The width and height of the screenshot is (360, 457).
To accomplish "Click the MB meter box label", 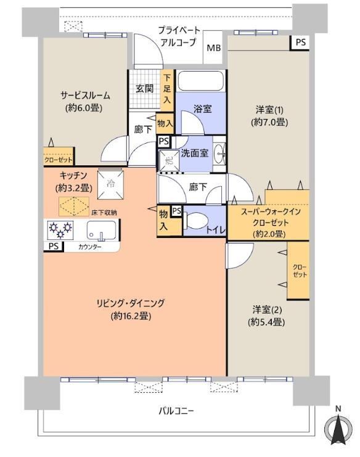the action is click(214, 48).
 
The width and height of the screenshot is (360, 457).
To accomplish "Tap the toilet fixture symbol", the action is click(196, 221).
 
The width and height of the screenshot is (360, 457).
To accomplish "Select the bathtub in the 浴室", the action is click(201, 81).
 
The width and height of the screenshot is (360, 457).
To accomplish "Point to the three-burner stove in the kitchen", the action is click(60, 229).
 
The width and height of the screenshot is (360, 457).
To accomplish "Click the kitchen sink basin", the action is click(101, 230).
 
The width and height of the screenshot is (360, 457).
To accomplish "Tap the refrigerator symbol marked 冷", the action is click(110, 184).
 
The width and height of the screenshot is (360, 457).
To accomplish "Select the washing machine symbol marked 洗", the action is click(169, 160).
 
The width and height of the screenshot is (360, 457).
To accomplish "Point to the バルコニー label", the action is click(176, 411).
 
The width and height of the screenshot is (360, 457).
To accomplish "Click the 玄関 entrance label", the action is click(144, 88).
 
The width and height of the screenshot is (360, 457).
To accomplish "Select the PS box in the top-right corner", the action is click(300, 43).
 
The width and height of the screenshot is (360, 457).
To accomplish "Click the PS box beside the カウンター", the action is click(54, 247).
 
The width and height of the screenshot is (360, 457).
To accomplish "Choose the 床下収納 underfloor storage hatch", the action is click(74, 207).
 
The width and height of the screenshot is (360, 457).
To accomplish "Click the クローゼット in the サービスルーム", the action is click(59, 156).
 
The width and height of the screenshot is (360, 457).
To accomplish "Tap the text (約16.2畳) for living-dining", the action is click(131, 316).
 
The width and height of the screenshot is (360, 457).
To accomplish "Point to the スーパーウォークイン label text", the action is click(271, 212).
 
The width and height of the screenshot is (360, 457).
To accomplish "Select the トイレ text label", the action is click(216, 230).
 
